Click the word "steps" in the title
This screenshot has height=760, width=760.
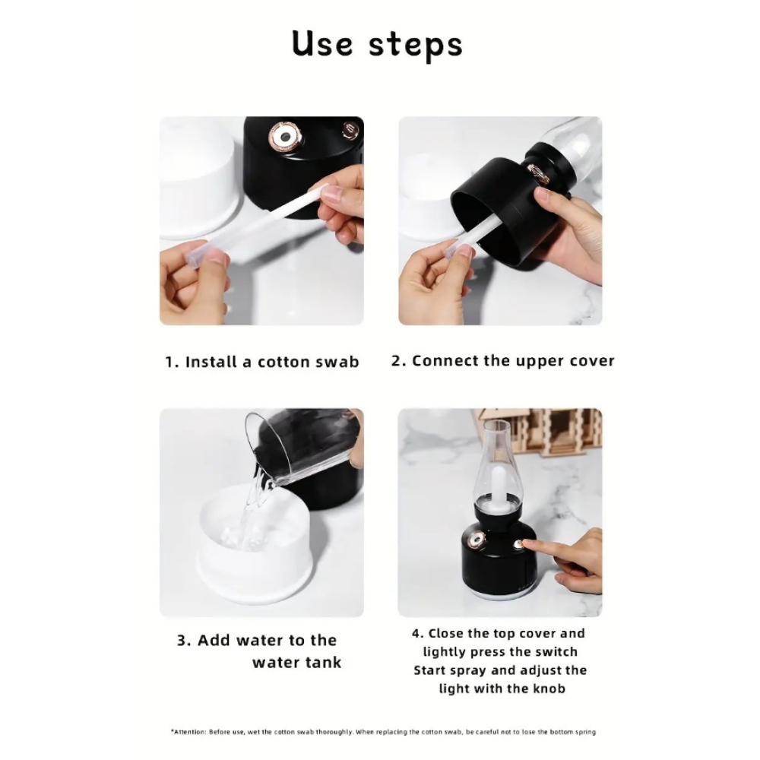(416, 46)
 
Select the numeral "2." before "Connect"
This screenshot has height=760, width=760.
(399, 361)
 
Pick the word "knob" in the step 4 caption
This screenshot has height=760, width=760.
(549, 689)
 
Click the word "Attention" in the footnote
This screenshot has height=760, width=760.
(189, 732)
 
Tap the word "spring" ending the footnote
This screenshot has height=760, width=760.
(586, 733)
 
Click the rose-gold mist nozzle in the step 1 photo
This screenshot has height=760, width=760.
(285, 136)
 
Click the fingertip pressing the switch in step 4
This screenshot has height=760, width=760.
(527, 544)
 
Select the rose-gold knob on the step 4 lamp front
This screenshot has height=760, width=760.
(477, 540)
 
